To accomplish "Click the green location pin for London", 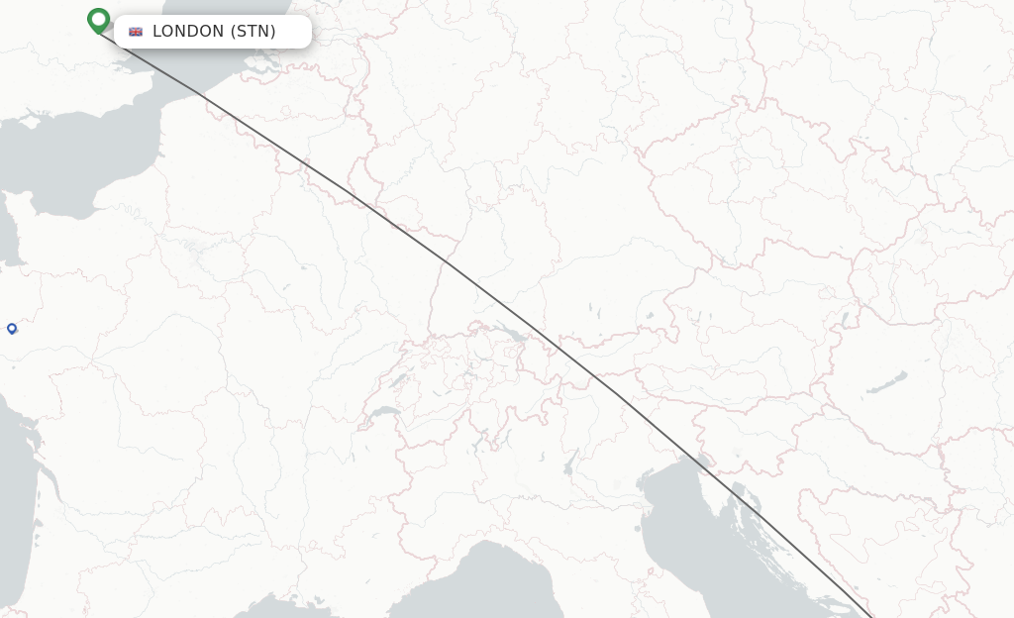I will (x=98, y=20).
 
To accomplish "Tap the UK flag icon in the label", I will (x=136, y=32).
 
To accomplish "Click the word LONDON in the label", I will (x=188, y=32).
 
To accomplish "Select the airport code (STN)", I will (x=253, y=32).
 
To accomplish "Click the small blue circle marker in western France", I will (x=12, y=328).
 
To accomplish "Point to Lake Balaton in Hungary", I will (x=887, y=382).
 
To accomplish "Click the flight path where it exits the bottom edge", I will (x=872, y=616).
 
